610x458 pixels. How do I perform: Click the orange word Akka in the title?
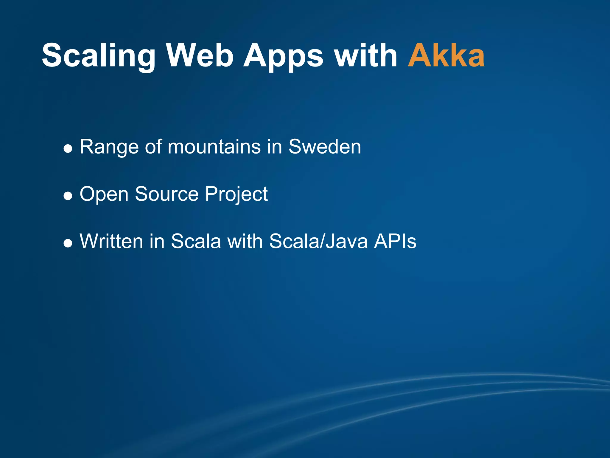[446, 55]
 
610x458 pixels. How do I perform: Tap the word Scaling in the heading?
[99, 56]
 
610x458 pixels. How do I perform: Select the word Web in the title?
[200, 55]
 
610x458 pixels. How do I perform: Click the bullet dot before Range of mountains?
[68, 148]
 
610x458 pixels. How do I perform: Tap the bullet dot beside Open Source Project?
[68, 196]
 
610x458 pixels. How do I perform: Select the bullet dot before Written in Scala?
[68, 243]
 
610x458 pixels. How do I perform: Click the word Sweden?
[325, 147]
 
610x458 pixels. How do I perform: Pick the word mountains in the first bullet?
[214, 147]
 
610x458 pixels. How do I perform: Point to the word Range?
[109, 147]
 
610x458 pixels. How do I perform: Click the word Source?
[167, 194]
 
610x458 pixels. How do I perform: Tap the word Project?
[236, 194]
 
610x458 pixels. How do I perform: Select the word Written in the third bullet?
[112, 241]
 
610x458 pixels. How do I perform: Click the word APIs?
[395, 241]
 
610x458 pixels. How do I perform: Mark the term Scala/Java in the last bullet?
[318, 241]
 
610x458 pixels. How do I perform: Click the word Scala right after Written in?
[196, 241]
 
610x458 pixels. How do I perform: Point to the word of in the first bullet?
[153, 147]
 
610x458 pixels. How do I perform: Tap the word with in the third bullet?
[245, 241]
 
